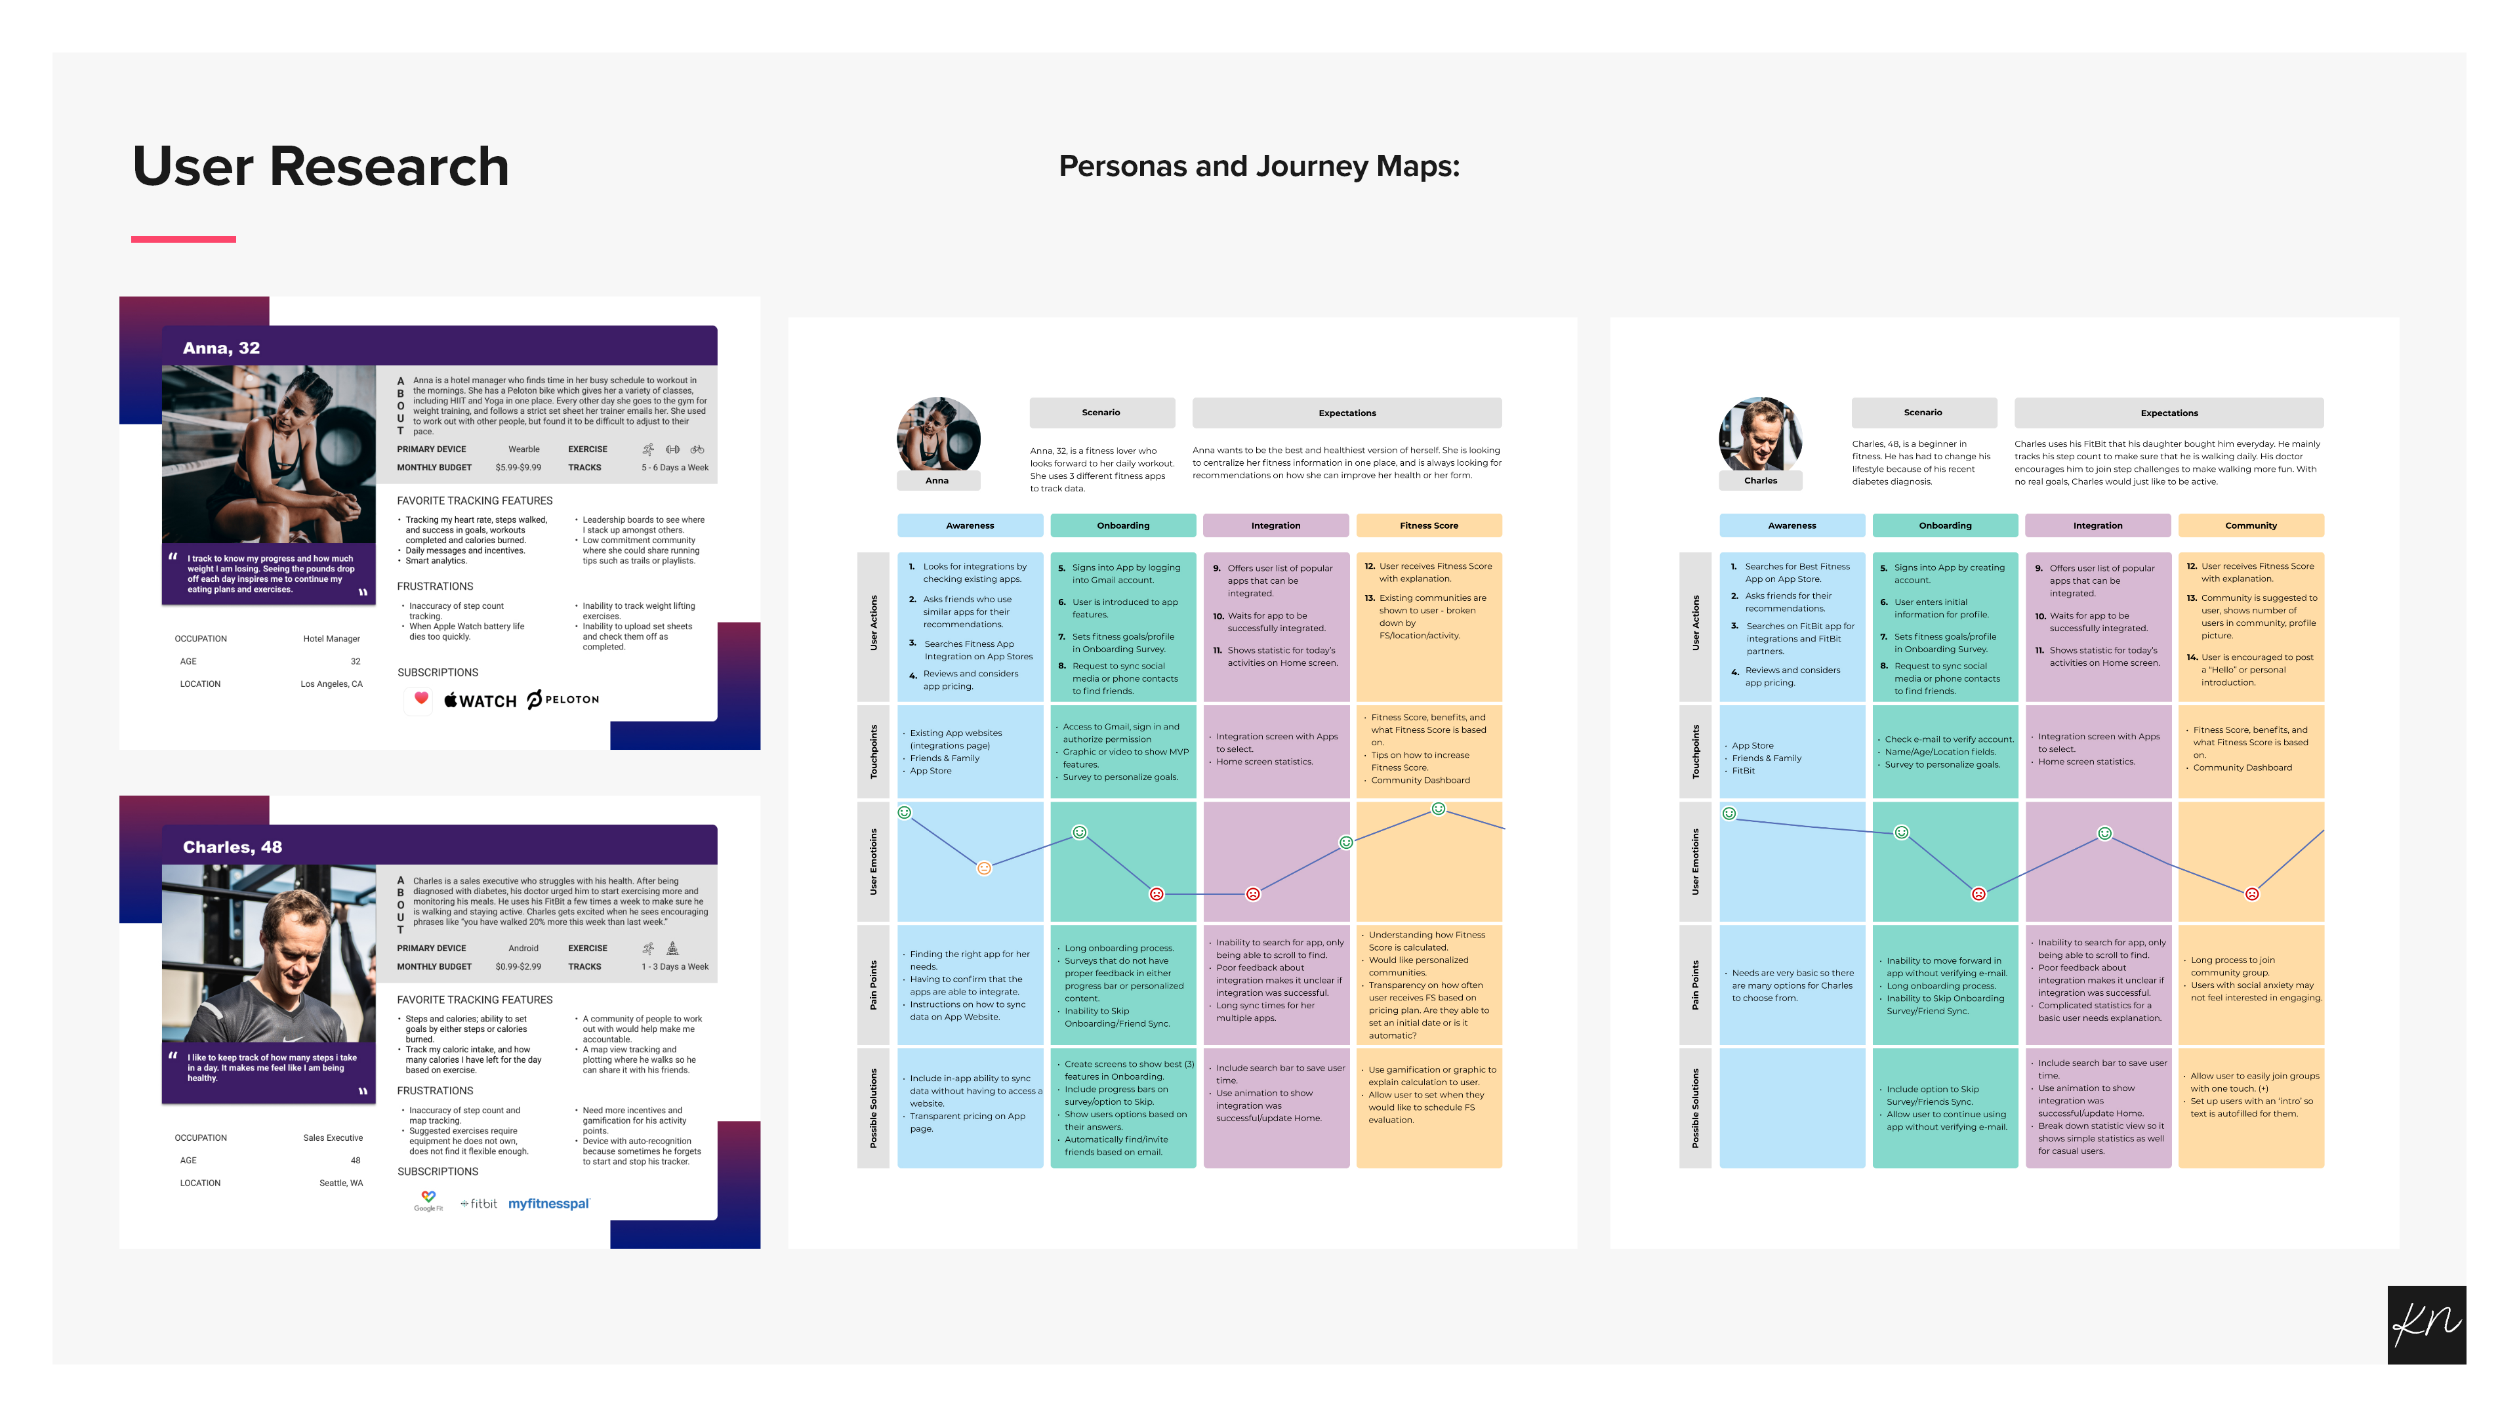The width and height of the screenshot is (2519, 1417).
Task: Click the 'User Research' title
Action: coord(321,166)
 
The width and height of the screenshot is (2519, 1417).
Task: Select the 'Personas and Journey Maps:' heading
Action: coord(1259,166)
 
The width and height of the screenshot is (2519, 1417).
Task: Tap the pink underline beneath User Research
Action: coord(184,239)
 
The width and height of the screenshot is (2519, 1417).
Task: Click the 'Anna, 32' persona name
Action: coord(221,348)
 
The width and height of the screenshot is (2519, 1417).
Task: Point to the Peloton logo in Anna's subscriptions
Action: coord(563,699)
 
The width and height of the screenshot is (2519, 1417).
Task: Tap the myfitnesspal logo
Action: coord(548,1204)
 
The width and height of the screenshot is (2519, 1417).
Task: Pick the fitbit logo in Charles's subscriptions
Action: coord(479,1204)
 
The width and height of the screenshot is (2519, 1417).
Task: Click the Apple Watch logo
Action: coord(480,700)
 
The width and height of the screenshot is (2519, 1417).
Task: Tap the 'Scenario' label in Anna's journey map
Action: coord(1101,413)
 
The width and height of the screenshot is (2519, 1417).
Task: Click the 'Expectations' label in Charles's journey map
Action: coord(2168,413)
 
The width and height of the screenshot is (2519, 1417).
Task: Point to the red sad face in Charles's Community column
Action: coord(2251,893)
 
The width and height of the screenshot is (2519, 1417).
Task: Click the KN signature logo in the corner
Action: coord(2426,1324)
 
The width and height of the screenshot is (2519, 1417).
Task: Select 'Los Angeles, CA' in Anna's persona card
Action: coord(331,684)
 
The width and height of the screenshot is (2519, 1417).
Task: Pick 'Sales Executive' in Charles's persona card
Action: coord(333,1138)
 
